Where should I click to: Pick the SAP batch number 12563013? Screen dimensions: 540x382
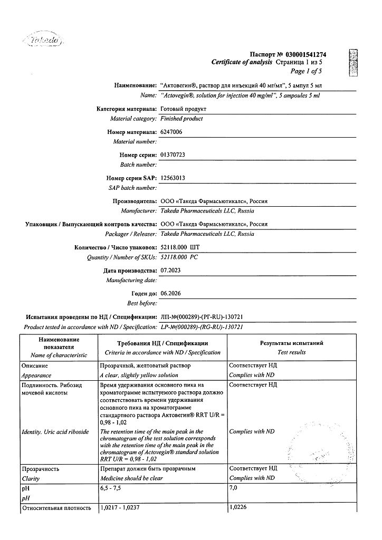tap(173, 178)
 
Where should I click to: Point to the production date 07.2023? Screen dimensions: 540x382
tap(170, 271)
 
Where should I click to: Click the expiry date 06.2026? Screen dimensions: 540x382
tap(170, 293)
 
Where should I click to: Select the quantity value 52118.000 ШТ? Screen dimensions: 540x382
tap(180, 247)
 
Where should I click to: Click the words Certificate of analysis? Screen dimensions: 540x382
tap(242, 63)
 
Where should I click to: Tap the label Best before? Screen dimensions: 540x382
tap(142, 303)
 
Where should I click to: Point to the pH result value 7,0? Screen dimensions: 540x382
tap(234, 488)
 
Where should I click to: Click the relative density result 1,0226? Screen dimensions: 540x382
tap(238, 508)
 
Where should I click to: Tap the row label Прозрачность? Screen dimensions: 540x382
tap(40, 468)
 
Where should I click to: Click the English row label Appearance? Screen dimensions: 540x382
tap(36, 375)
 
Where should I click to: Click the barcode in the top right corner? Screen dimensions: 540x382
tap(353, 62)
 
